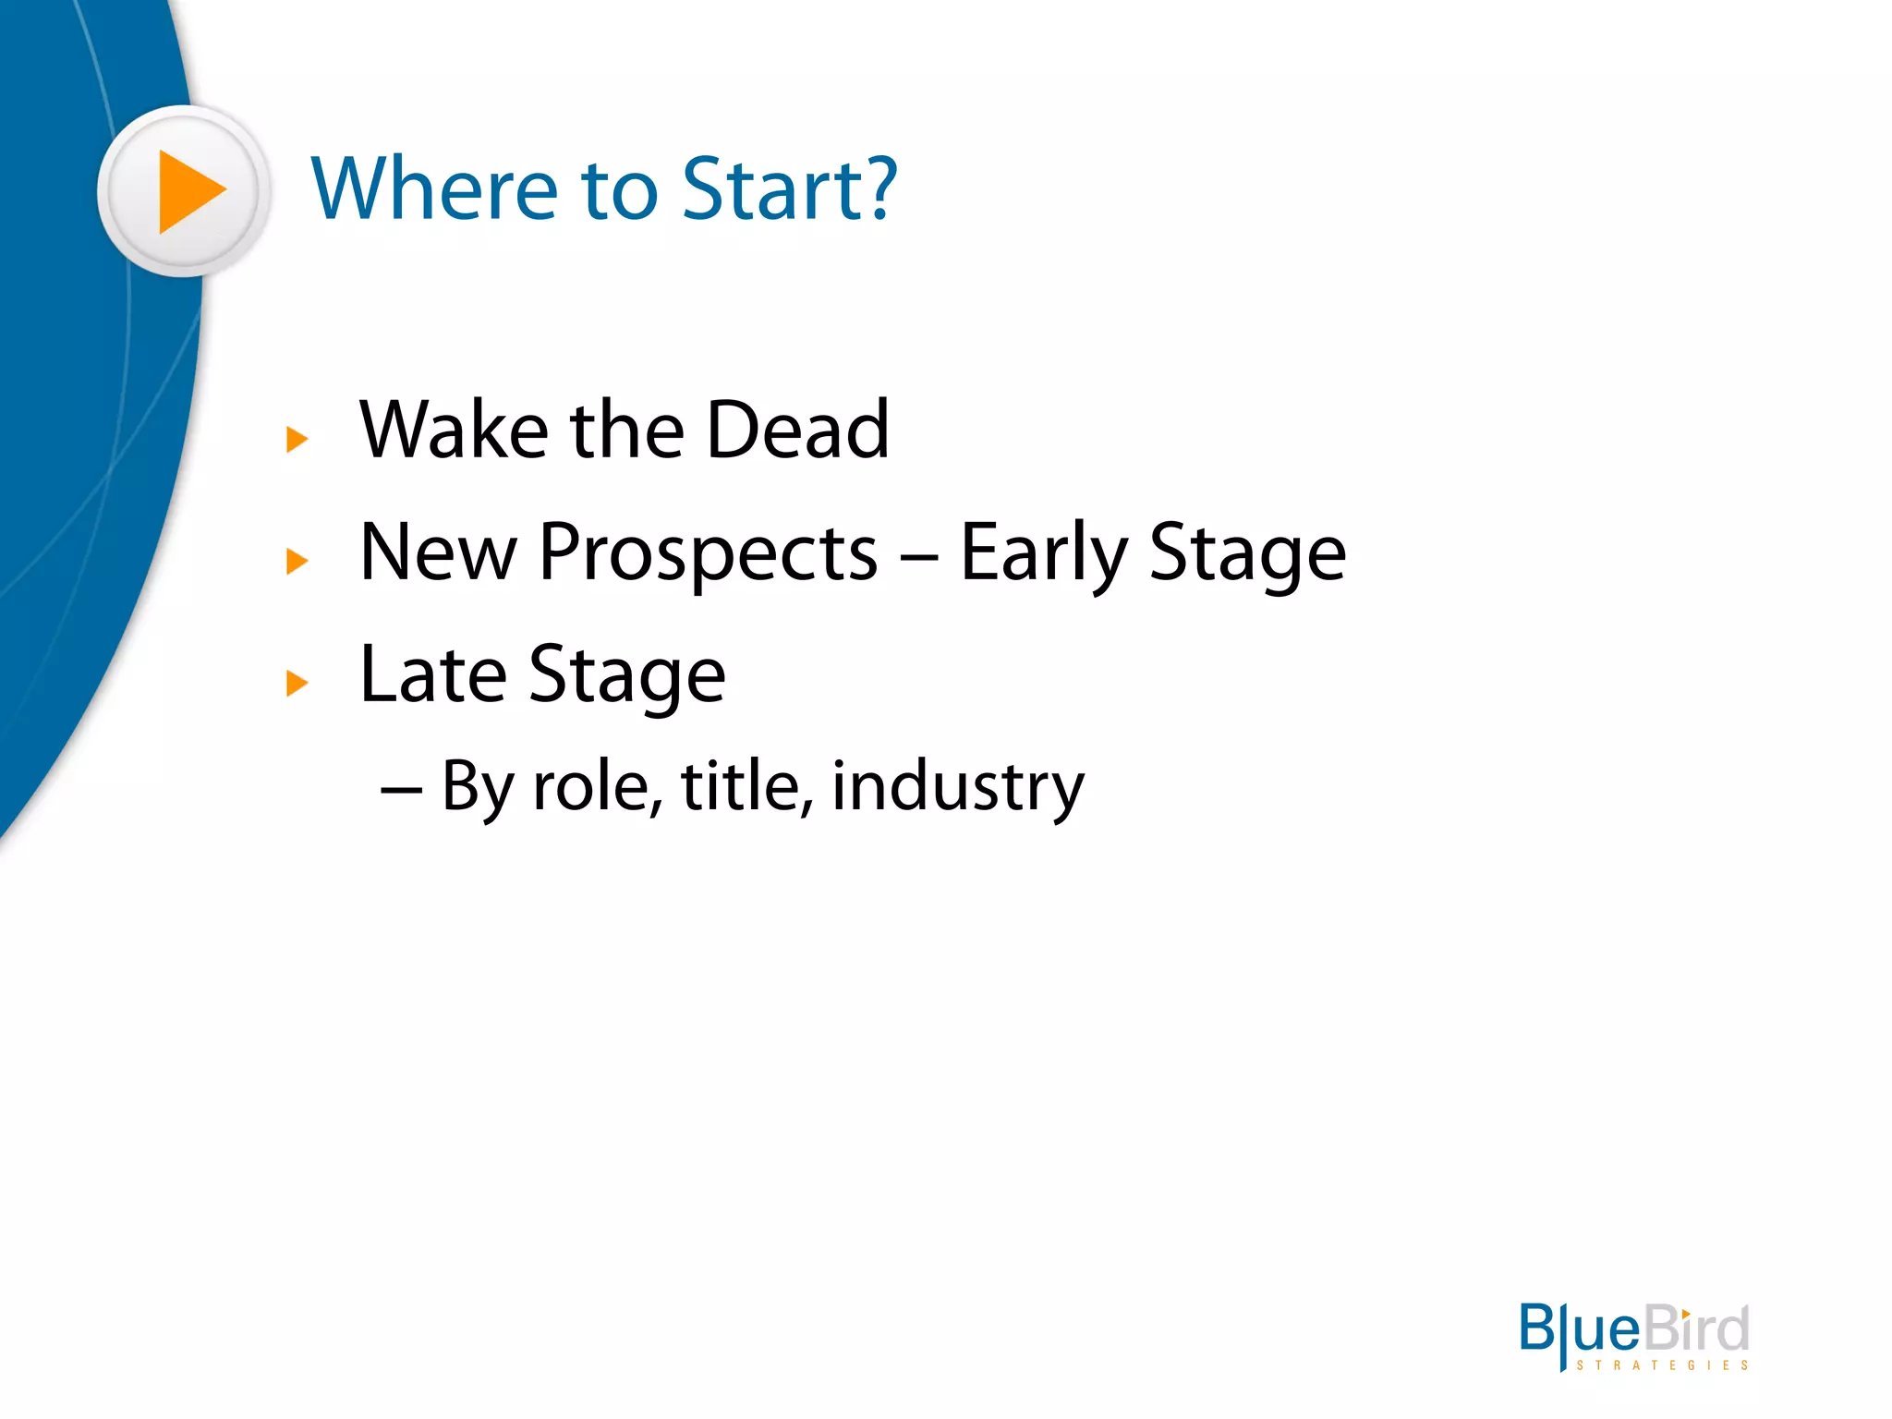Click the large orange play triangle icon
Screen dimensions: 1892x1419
pyautogui.click(x=188, y=191)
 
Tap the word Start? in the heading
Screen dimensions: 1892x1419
pyautogui.click(x=790, y=189)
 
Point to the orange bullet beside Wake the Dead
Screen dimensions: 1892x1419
pyautogui.click(x=297, y=440)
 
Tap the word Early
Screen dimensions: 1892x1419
pyautogui.click(x=1044, y=554)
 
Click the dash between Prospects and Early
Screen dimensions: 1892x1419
pyautogui.click(x=919, y=557)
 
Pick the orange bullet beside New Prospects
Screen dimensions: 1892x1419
pyautogui.click(x=297, y=561)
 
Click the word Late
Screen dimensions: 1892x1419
pyautogui.click(x=432, y=674)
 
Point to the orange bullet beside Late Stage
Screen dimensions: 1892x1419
pyautogui.click(x=297, y=684)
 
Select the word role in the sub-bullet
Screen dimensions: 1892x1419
pyautogui.click(x=596, y=787)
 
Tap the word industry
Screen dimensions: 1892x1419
pyautogui.click(x=958, y=787)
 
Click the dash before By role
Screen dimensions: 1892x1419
pyautogui.click(x=402, y=791)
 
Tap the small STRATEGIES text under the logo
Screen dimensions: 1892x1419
pyautogui.click(x=1662, y=1365)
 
